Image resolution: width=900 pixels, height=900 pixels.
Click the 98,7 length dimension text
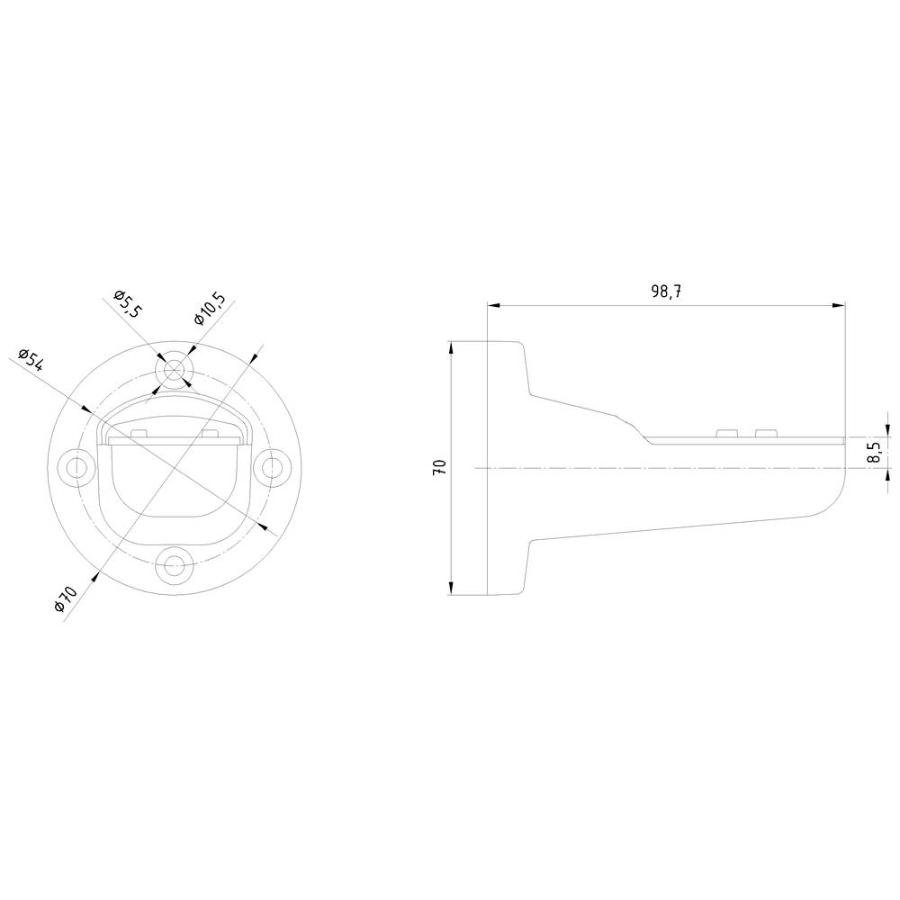click(x=666, y=292)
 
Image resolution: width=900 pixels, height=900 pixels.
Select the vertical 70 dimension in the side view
click(x=440, y=467)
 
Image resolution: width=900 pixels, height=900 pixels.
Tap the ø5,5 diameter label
click(x=128, y=305)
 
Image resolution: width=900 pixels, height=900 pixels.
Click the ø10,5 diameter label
click(x=209, y=309)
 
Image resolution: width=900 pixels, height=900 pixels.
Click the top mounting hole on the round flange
click(x=174, y=370)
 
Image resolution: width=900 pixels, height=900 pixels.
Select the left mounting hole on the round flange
click(x=76, y=467)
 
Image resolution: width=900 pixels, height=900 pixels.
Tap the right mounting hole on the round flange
click(x=271, y=467)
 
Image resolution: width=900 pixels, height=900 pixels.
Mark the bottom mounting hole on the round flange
click(x=173, y=565)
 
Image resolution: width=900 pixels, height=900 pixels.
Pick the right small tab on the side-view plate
click(x=765, y=435)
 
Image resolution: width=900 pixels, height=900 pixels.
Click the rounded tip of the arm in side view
click(x=841, y=486)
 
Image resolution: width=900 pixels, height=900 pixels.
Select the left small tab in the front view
click(x=139, y=435)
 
